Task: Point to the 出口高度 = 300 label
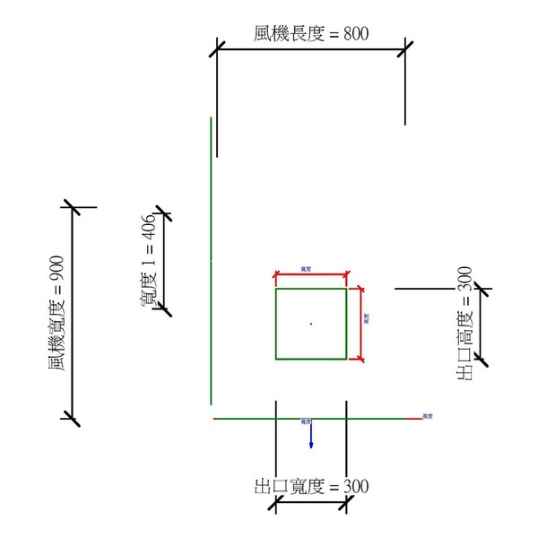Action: tap(464, 323)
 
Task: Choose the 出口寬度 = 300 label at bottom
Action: tap(311, 487)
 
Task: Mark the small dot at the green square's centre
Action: tap(311, 323)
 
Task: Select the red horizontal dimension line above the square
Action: tap(311, 275)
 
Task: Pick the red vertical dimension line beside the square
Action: tap(360, 324)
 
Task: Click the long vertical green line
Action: tap(211, 260)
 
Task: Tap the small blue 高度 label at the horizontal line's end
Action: tap(428, 416)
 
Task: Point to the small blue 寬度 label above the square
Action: tap(307, 268)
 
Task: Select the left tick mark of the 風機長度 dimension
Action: tap(218, 48)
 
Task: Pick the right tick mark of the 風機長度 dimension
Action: tap(406, 48)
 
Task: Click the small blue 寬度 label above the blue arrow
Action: tap(306, 421)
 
